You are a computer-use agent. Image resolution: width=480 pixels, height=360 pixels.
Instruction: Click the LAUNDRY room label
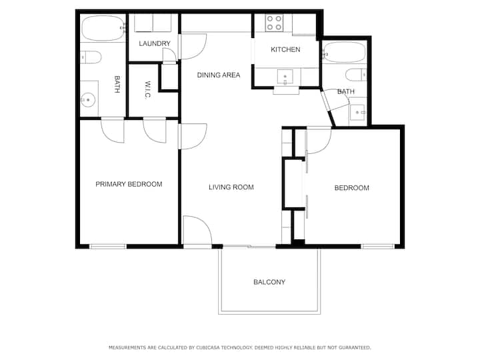click(x=155, y=43)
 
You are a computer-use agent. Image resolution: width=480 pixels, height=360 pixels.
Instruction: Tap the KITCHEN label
click(x=285, y=49)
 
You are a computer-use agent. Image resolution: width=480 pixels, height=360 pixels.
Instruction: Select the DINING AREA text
click(x=219, y=75)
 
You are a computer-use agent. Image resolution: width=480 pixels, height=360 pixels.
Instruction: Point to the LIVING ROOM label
click(x=231, y=187)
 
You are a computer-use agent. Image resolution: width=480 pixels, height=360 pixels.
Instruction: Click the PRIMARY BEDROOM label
click(x=129, y=184)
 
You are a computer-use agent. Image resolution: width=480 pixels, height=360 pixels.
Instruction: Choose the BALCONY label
click(x=269, y=282)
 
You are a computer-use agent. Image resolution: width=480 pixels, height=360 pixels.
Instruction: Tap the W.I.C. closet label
click(x=147, y=90)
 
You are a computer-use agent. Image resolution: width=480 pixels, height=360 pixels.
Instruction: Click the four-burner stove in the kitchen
click(x=274, y=23)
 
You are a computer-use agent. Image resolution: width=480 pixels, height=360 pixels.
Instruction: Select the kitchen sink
click(x=285, y=77)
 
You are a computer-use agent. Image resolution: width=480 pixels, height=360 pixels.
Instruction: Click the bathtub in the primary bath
click(x=103, y=29)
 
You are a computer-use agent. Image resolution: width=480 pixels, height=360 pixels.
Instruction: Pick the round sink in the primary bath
click(x=88, y=100)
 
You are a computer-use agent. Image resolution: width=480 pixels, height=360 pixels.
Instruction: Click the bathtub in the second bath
click(x=345, y=52)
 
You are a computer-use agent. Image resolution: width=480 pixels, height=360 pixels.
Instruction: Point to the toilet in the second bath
click(x=356, y=75)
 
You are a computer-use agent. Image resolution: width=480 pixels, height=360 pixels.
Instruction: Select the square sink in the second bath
click(x=357, y=113)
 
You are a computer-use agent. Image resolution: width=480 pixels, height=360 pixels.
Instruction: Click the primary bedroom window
click(x=108, y=247)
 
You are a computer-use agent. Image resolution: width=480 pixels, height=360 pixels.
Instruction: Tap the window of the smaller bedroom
click(x=378, y=246)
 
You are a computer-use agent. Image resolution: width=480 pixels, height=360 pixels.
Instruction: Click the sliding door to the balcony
click(x=249, y=246)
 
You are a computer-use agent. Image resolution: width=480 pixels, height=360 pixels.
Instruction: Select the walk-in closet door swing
click(x=155, y=131)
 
